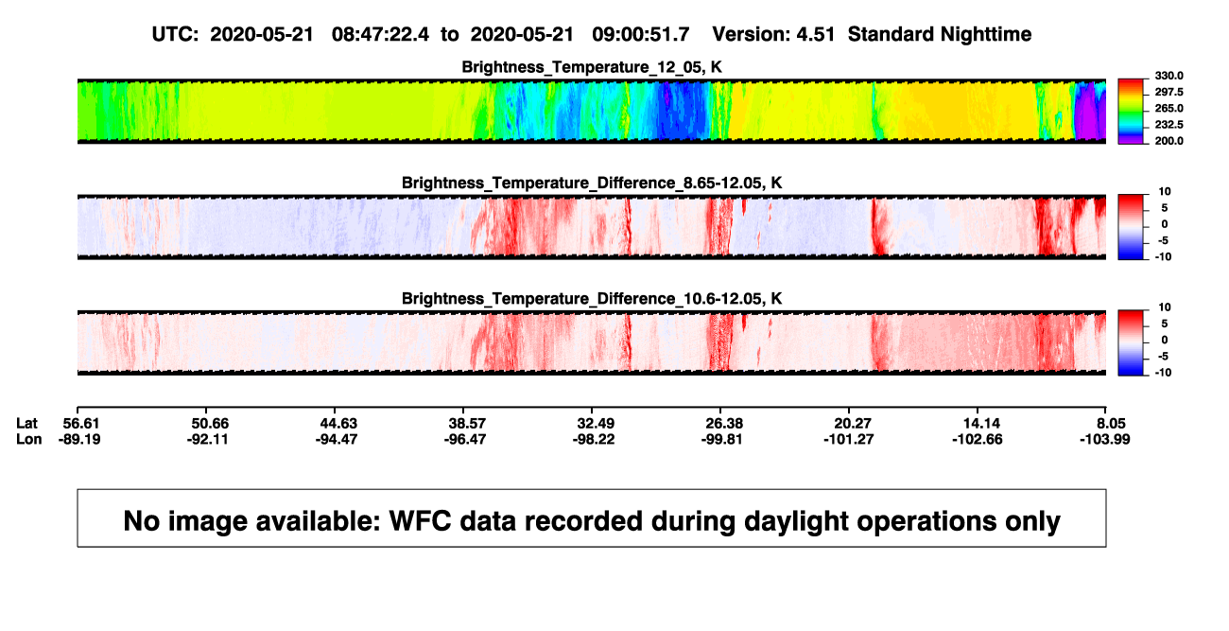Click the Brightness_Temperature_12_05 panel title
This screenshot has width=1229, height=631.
(592, 67)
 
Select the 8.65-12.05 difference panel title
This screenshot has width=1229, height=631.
(592, 183)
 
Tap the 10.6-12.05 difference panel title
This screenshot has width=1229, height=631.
(592, 299)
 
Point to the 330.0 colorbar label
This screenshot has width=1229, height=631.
(1168, 76)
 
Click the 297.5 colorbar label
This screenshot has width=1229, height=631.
(1168, 92)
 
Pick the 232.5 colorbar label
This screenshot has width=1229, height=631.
(1168, 125)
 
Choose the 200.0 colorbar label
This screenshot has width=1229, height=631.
(1168, 141)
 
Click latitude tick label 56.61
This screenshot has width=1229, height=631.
(81, 424)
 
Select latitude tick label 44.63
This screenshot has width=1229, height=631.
(338, 424)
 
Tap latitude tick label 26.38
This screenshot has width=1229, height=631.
(724, 424)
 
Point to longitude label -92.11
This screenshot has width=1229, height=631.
(207, 439)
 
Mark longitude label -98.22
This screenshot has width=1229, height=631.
(594, 439)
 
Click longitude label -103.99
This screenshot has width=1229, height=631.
(1105, 439)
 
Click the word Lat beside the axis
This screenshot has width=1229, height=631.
(26, 424)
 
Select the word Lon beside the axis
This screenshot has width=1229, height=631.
(29, 439)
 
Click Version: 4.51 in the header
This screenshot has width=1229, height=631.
(773, 34)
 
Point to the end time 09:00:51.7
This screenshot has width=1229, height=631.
(641, 34)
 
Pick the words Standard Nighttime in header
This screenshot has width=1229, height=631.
(940, 34)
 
